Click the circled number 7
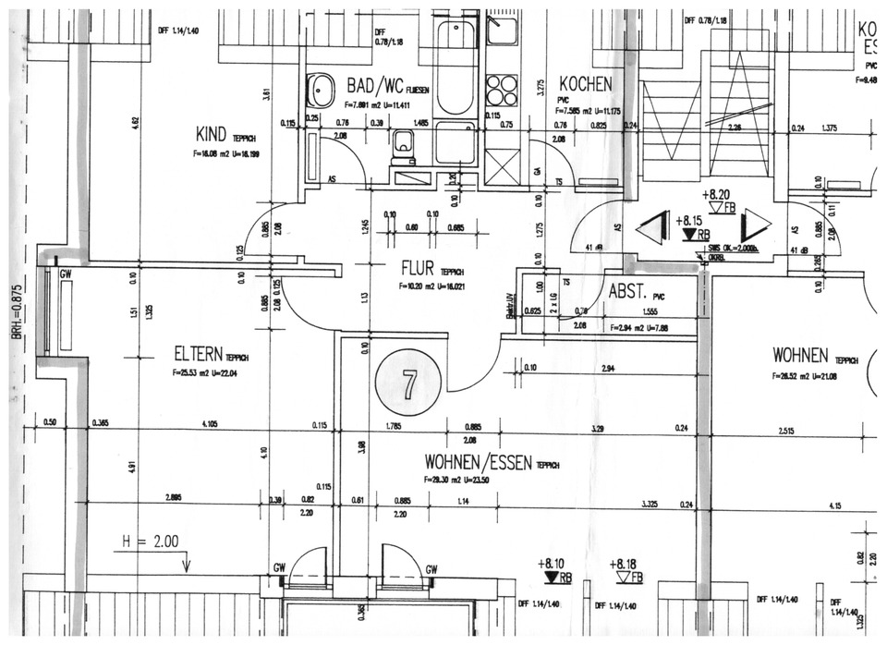[407, 382]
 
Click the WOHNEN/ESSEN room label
[478, 461]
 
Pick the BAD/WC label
[373, 84]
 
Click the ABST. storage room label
[628, 291]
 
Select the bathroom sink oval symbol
[322, 91]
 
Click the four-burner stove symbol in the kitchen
[502, 91]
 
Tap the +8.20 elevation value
[718, 196]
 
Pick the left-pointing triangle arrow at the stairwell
[653, 228]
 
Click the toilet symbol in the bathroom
[403, 143]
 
